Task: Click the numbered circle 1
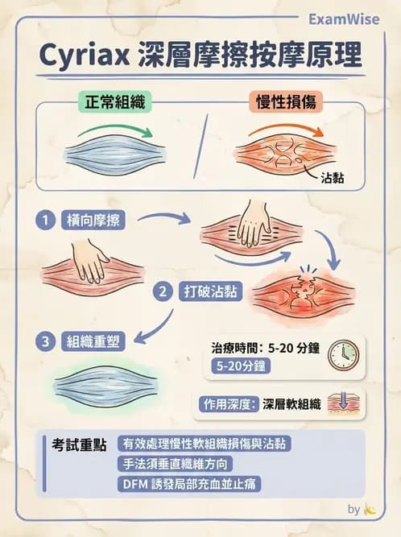[48, 219]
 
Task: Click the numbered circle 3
[48, 341]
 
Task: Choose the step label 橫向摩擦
[94, 219]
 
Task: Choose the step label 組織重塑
[94, 341]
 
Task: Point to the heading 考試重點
[75, 444]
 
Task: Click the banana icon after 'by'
[370, 509]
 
